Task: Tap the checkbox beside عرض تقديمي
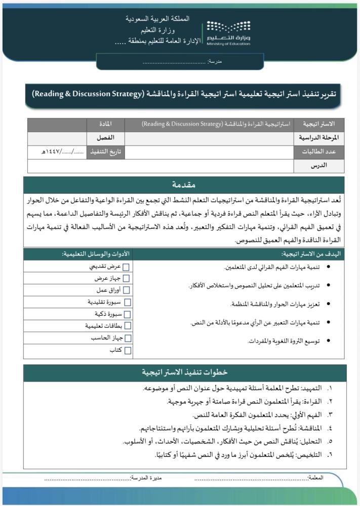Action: click(127, 267)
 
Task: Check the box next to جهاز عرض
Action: click(127, 278)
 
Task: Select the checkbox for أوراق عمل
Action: click(127, 290)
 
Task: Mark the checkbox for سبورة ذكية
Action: click(127, 314)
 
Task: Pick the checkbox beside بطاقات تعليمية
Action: click(127, 326)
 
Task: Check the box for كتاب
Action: click(127, 350)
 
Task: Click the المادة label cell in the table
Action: click(106, 124)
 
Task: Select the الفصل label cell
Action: click(106, 138)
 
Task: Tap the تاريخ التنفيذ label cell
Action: click(106, 151)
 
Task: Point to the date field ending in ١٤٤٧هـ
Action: click(57, 151)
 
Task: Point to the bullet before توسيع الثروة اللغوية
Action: click(330, 341)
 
